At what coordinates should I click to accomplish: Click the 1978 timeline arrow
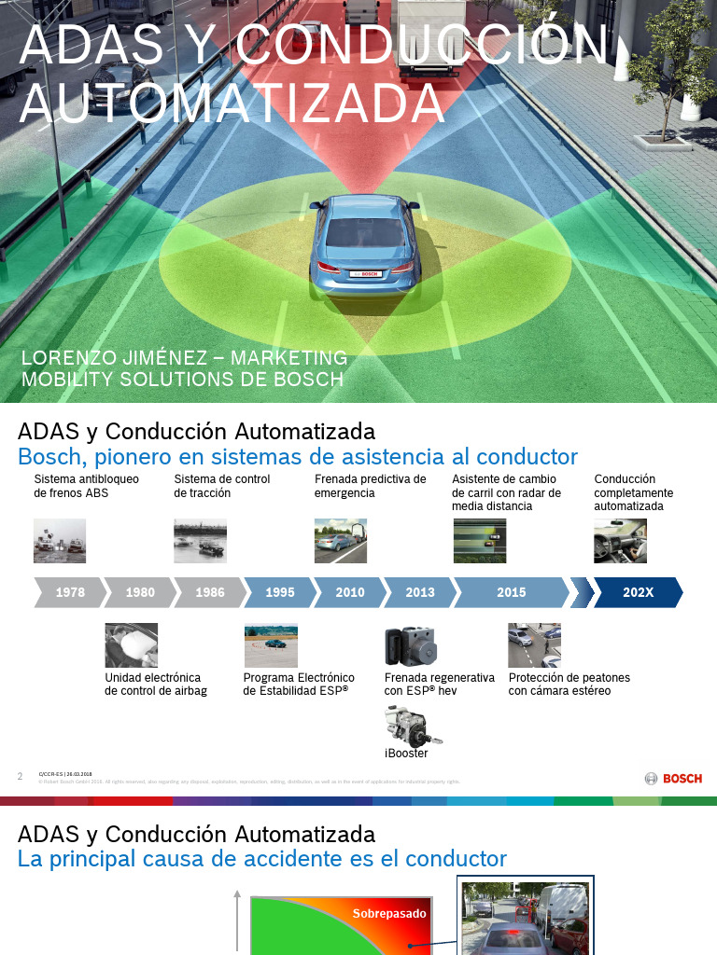click(69, 592)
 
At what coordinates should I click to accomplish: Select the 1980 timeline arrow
click(139, 592)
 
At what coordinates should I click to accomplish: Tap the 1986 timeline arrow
click(209, 592)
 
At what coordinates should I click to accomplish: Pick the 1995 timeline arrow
click(279, 592)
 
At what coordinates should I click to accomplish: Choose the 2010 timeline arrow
click(349, 592)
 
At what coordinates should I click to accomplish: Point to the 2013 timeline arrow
click(419, 592)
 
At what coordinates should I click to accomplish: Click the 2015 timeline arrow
click(511, 592)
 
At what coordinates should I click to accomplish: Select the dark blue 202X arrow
click(638, 592)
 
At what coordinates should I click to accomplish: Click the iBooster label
click(406, 754)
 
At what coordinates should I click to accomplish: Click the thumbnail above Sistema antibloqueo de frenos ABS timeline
click(60, 541)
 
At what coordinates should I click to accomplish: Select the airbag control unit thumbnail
click(132, 645)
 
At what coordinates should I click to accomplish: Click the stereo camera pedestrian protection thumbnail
click(534, 645)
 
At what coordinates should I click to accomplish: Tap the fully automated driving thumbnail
click(620, 541)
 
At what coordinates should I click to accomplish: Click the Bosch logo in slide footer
click(673, 778)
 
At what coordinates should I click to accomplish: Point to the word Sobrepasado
click(388, 914)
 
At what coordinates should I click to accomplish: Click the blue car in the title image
click(365, 242)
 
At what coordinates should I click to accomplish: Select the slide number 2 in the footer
click(21, 777)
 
